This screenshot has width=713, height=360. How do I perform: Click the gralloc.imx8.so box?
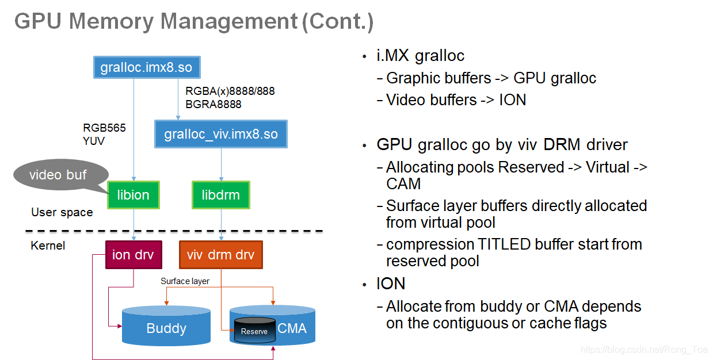click(x=146, y=67)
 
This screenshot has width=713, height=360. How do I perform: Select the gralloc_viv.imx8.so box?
click(x=221, y=134)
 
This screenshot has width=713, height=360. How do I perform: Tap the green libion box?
click(x=133, y=195)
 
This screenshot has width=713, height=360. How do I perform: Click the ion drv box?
click(x=133, y=255)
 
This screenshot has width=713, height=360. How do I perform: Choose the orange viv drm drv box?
click(x=220, y=255)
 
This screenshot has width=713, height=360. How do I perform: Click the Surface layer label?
click(x=185, y=281)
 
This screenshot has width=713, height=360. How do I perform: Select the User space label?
click(x=62, y=212)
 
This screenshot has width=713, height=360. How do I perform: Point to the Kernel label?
click(x=48, y=246)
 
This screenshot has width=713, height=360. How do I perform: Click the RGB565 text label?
click(x=104, y=128)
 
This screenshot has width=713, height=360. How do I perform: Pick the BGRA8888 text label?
click(x=213, y=104)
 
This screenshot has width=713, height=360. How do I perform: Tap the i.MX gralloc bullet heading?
click(x=420, y=56)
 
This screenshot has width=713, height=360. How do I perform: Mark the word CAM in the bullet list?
click(x=403, y=183)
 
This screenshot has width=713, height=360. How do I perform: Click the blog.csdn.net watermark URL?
click(x=644, y=350)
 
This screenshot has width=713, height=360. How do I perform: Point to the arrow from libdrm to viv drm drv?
click(x=222, y=224)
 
